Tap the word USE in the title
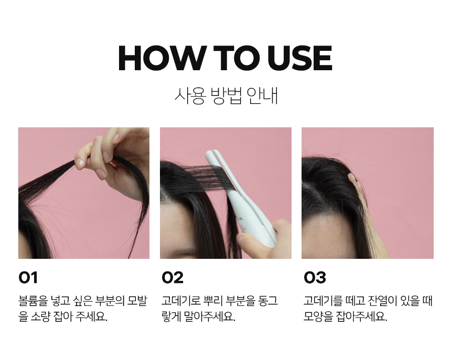[299, 58]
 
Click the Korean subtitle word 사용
[190, 96]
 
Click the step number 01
[28, 278]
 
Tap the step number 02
[173, 278]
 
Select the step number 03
[315, 278]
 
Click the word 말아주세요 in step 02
[209, 317]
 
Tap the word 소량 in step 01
[40, 317]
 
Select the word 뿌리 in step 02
[213, 301]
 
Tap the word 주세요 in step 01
[91, 317]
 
